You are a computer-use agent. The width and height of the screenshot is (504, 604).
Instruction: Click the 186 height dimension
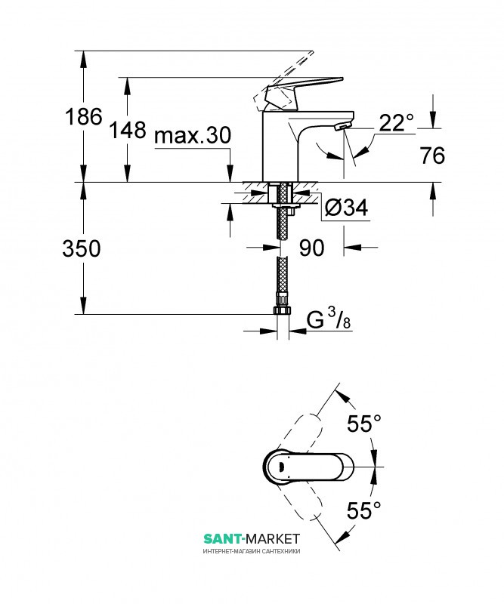click(84, 116)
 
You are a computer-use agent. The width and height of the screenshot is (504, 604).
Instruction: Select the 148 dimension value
click(128, 129)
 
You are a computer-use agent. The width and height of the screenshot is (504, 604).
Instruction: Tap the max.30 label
click(193, 136)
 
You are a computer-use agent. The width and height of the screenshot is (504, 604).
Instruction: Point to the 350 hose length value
click(82, 248)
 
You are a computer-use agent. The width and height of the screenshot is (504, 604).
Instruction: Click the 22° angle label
click(397, 123)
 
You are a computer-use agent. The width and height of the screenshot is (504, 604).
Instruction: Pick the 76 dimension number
click(432, 156)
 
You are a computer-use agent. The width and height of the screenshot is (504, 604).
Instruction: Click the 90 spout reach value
click(311, 248)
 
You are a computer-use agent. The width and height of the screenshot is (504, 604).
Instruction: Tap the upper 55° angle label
click(364, 424)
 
